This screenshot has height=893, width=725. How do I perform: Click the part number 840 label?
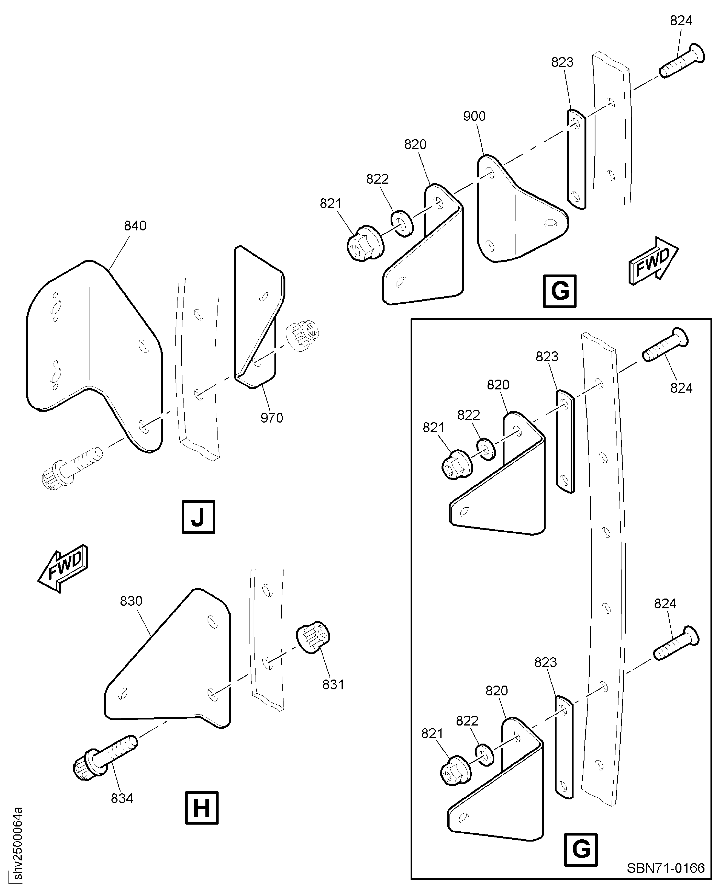135,226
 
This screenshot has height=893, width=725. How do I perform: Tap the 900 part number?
474,116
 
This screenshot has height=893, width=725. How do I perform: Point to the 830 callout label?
131,601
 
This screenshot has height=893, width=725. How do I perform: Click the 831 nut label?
333,685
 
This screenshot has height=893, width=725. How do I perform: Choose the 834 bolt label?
122,798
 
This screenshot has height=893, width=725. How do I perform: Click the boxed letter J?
198,517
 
